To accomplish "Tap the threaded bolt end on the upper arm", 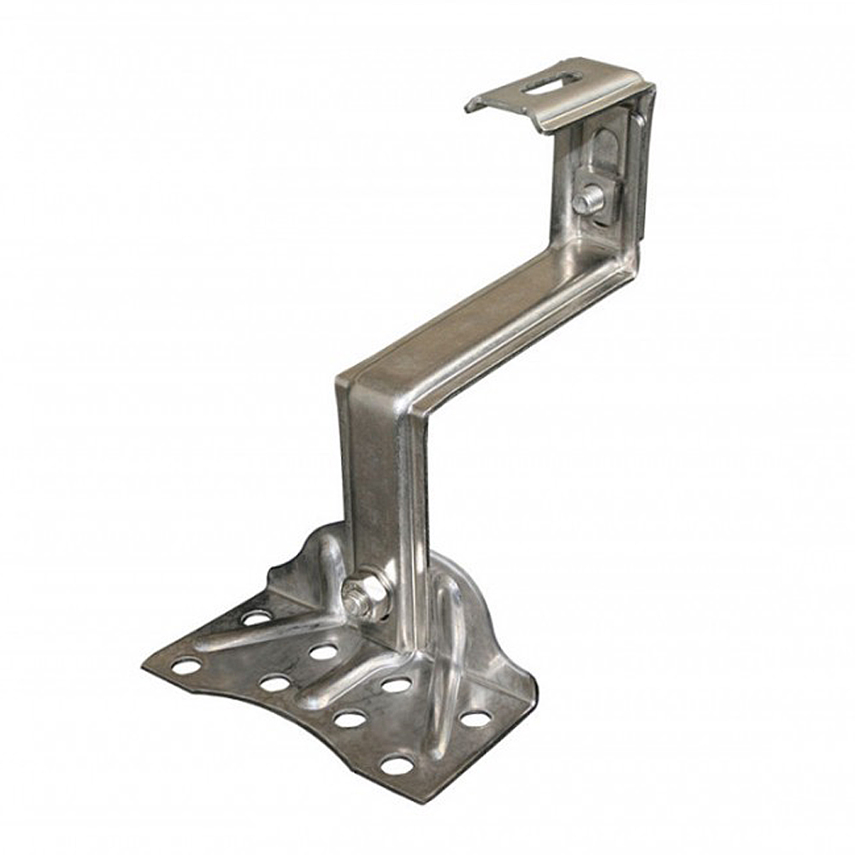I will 584,202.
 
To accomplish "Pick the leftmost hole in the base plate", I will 186,665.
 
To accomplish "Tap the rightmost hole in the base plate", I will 476,718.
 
